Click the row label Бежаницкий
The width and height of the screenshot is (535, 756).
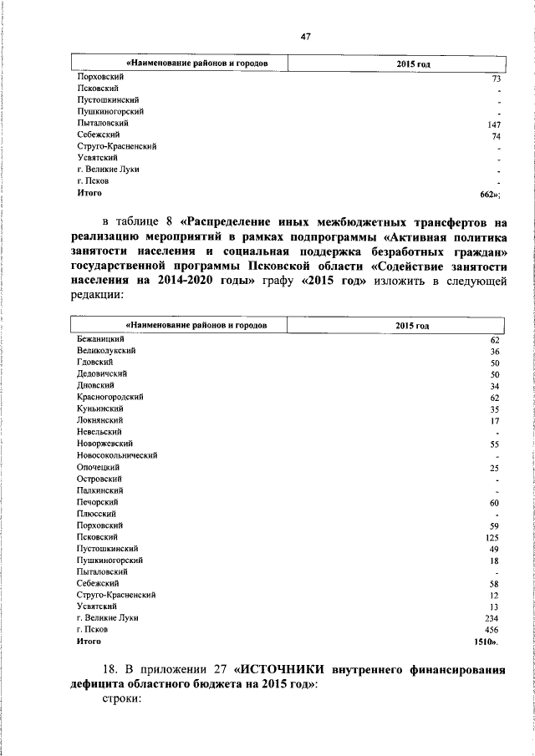100,340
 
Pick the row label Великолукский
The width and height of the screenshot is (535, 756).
106,352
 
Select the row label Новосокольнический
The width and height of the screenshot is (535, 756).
119,455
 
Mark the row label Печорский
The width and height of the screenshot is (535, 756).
97,502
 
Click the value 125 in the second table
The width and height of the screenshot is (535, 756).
492,537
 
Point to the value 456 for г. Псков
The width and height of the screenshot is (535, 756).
492,628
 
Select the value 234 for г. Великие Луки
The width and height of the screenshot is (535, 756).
492,617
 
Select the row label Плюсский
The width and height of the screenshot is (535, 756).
95,514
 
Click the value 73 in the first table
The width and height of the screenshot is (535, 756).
496,78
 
